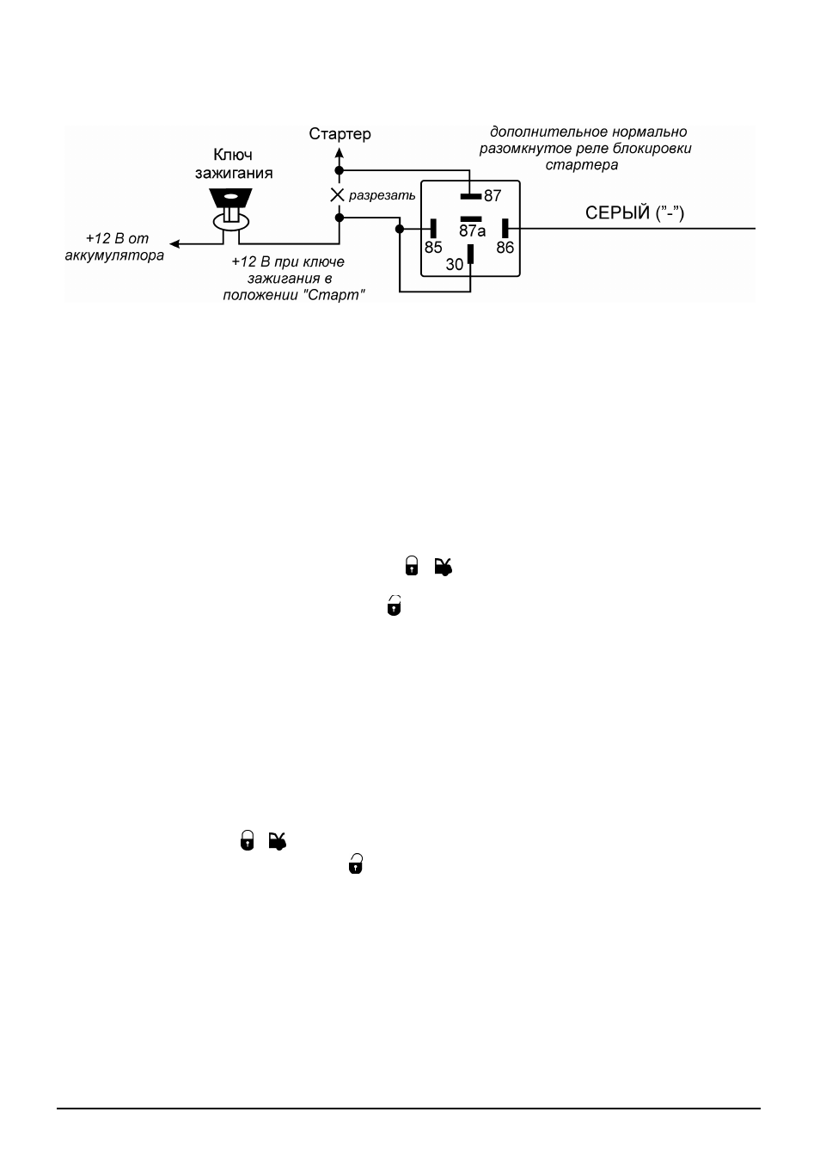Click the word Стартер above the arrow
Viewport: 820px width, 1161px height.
click(x=340, y=134)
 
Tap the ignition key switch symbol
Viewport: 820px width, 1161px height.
click(x=231, y=209)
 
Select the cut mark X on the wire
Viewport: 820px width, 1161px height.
click(x=337, y=195)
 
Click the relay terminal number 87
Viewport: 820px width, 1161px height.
click(x=493, y=196)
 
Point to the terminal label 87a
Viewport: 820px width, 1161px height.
click(x=473, y=230)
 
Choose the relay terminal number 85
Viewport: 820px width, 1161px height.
click(x=433, y=247)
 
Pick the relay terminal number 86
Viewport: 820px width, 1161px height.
click(x=505, y=247)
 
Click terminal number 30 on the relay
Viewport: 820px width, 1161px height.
click(x=455, y=265)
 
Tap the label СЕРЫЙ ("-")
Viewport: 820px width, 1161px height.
click(x=634, y=213)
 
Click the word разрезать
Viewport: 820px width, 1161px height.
click(x=382, y=195)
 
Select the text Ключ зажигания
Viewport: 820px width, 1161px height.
click(x=234, y=163)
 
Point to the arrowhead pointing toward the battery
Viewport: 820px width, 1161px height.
click(x=174, y=243)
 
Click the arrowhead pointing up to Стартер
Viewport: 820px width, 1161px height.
click(x=340, y=152)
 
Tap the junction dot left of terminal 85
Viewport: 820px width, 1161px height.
click(x=400, y=229)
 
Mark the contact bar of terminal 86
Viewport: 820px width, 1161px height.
click(x=505, y=228)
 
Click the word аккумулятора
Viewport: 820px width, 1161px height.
click(x=114, y=255)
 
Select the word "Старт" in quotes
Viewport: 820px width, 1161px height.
click(x=334, y=295)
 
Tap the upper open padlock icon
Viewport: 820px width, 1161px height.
click(x=395, y=605)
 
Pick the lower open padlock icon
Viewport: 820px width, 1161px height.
click(x=356, y=863)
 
